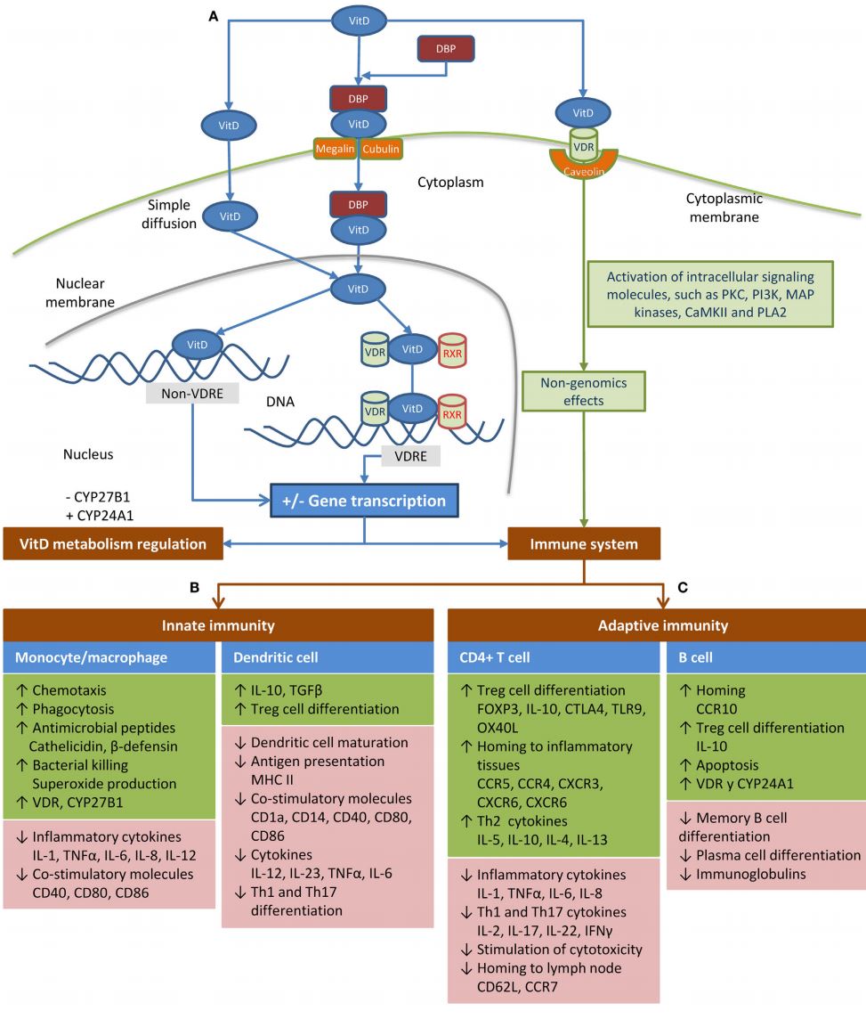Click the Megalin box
pos(335,150)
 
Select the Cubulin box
pos(381,150)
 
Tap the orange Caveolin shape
pos(582,163)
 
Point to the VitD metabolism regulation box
pos(110,542)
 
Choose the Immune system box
pos(584,542)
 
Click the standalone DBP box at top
pos(446,49)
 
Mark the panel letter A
pos(214,16)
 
